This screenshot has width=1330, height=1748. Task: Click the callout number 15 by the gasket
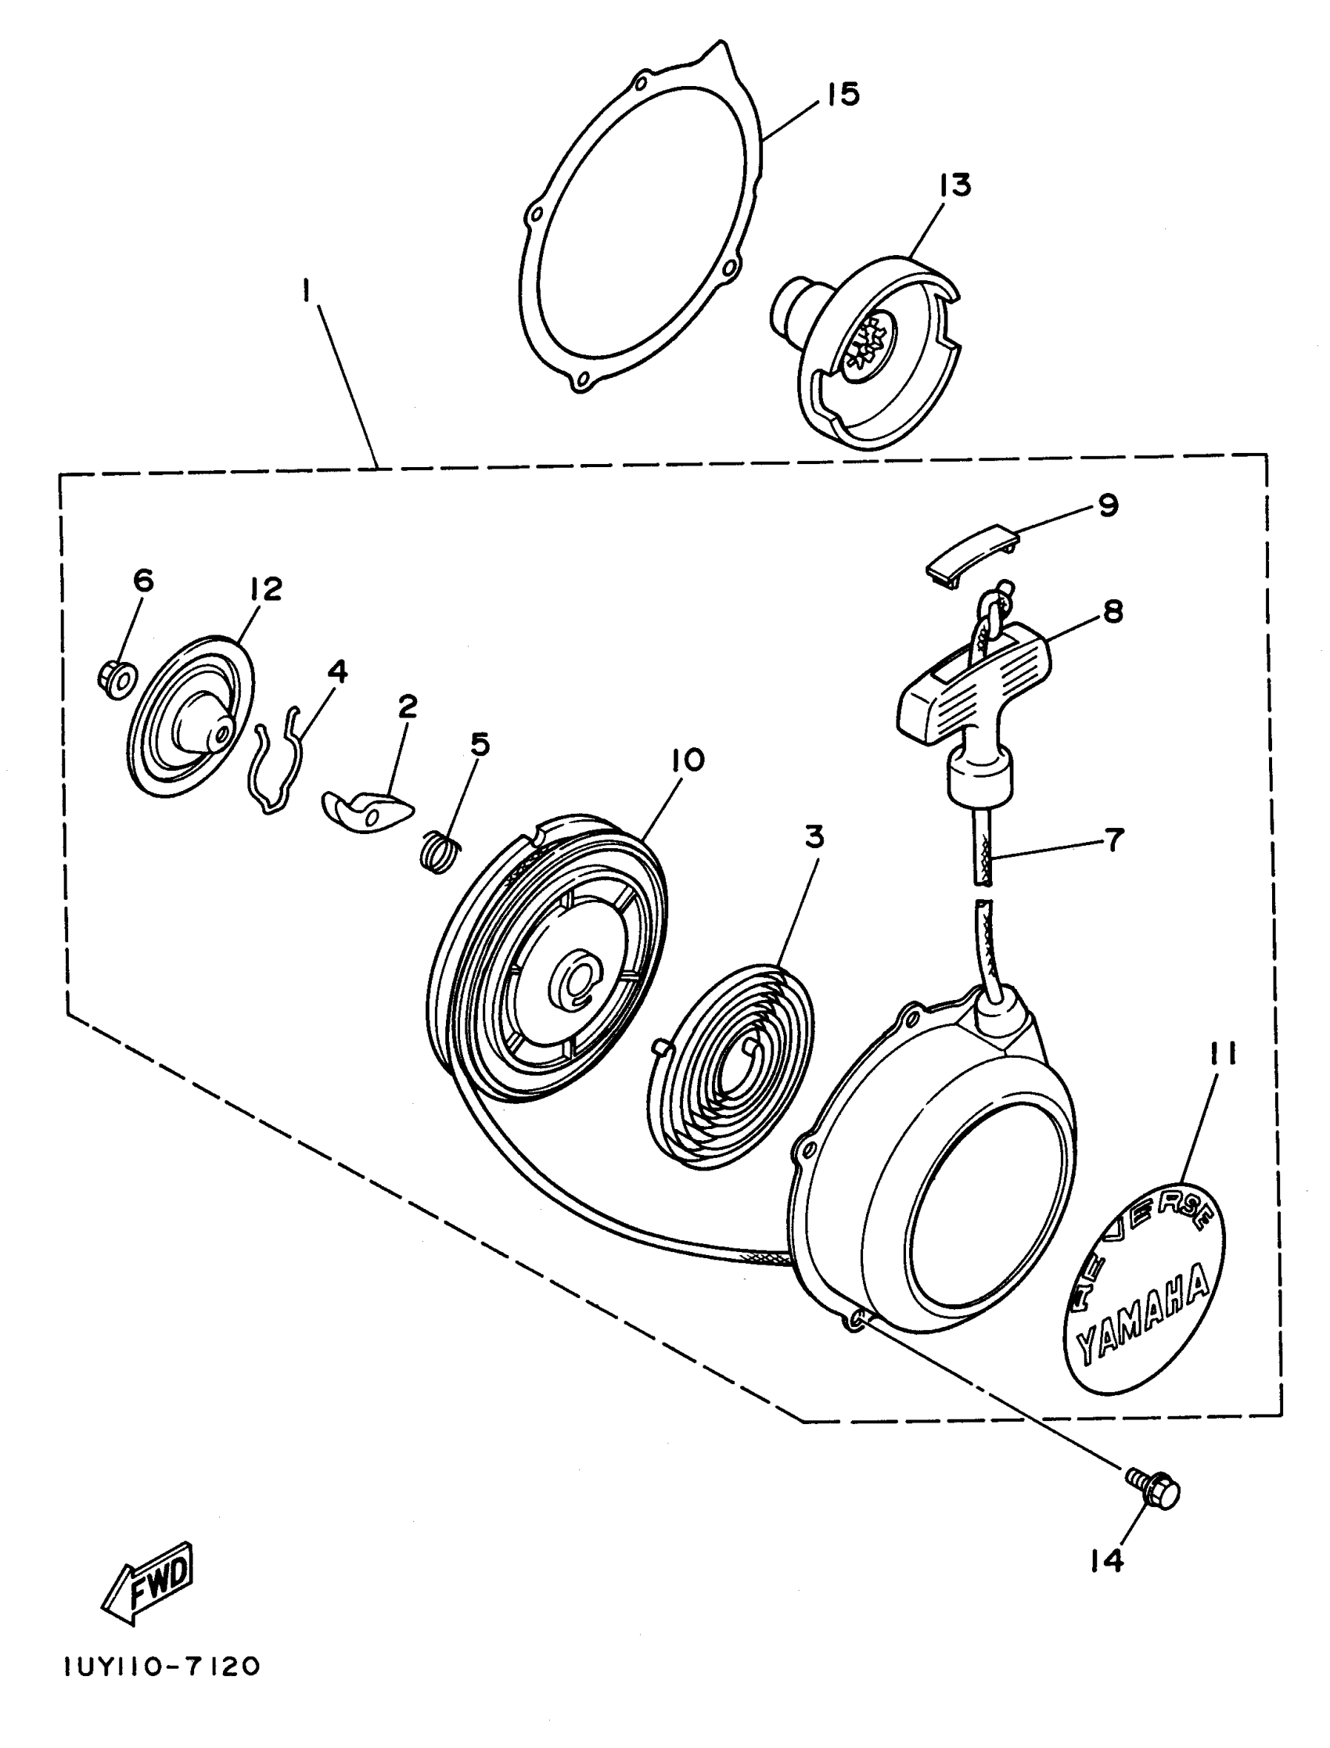tap(843, 94)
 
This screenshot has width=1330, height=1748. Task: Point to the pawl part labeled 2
tap(368, 810)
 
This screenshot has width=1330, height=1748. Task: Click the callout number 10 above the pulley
tap(687, 761)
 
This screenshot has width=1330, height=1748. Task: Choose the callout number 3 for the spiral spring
tap(814, 836)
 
